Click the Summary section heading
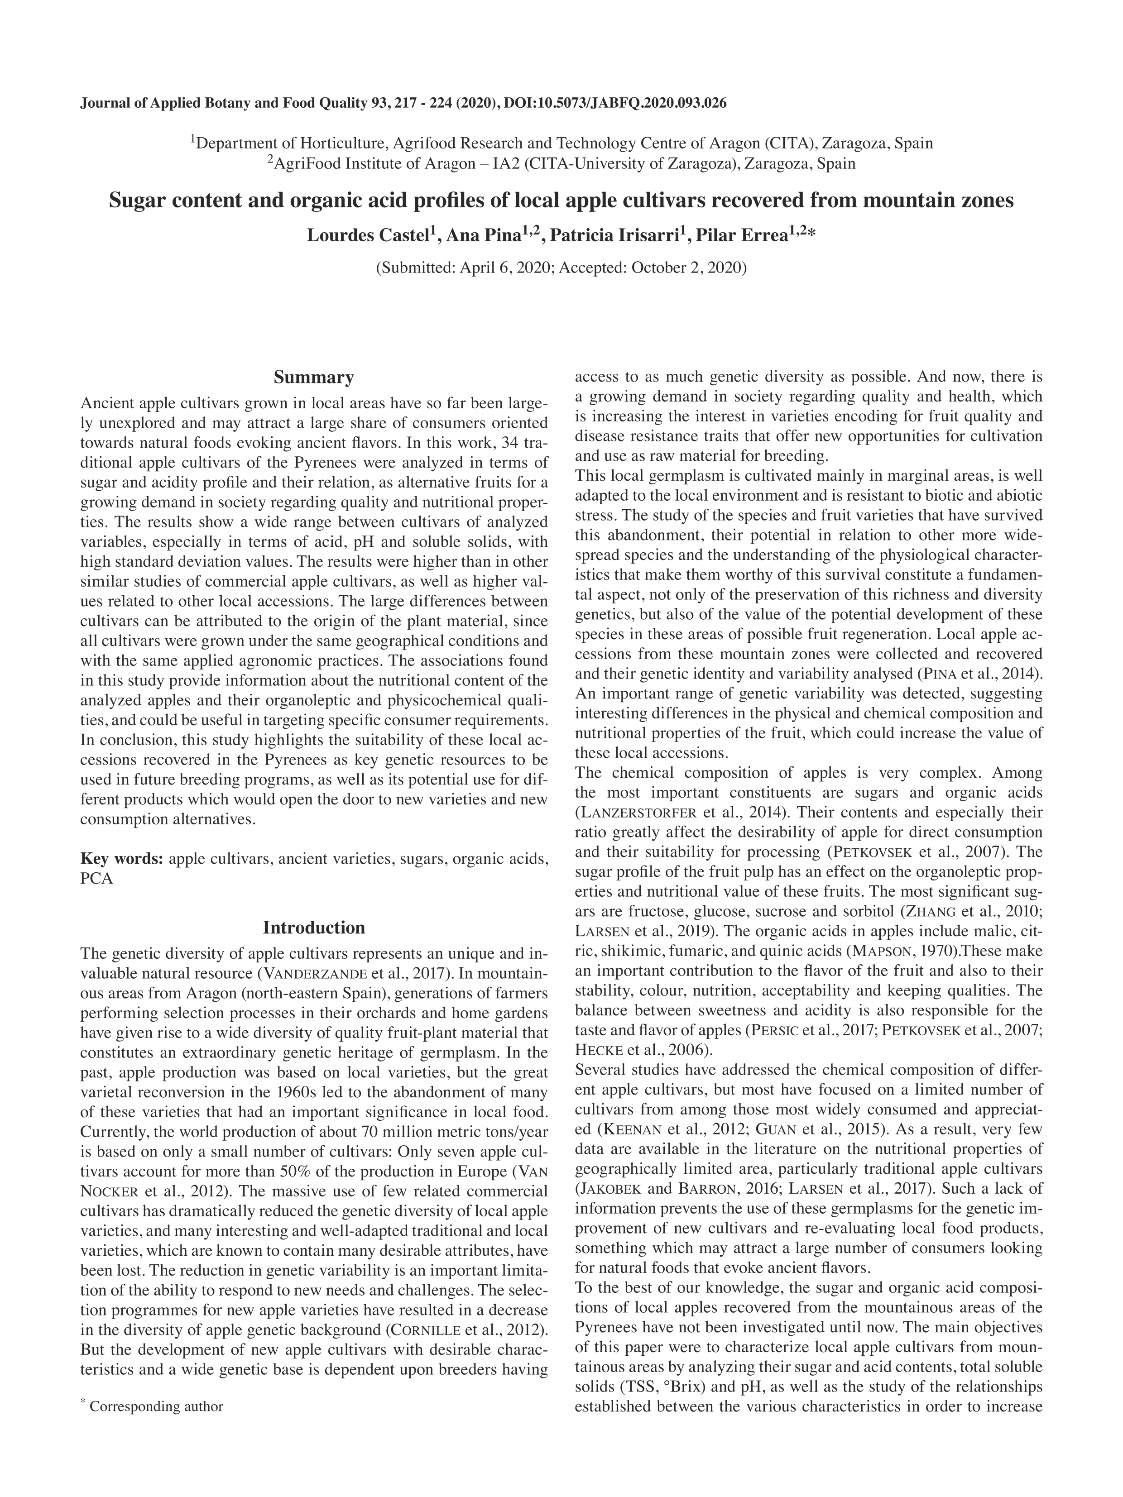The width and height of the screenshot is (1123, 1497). tap(313, 377)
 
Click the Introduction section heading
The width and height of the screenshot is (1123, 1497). tap(313, 927)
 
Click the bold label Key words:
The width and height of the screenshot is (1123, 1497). tap(122, 859)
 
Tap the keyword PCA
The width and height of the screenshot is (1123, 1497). tap(96, 879)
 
